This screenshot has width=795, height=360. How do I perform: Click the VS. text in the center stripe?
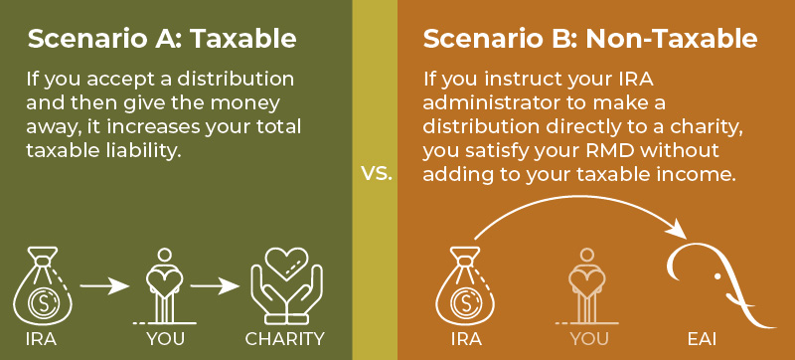coord(377,174)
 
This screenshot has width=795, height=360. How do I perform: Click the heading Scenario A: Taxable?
coord(162,39)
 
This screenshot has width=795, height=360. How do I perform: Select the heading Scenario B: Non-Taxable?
coord(590,39)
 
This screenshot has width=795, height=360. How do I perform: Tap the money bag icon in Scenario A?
coord(43,285)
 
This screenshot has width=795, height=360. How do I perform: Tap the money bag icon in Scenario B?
coord(465,285)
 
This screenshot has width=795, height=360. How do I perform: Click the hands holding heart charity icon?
coord(286,285)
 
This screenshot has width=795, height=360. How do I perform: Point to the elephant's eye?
coord(717,276)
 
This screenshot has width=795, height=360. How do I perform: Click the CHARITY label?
coord(284,339)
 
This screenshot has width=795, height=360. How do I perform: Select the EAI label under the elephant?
coord(702,339)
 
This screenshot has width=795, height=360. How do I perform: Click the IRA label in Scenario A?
coord(41,339)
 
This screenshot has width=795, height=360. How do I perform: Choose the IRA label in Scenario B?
coord(466,339)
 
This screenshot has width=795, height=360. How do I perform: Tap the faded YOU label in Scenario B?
coord(588,339)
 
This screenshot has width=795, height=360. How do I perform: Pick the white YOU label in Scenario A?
coord(165,339)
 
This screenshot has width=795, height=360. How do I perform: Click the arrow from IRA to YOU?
coord(105,286)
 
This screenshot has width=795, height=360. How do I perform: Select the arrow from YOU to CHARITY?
coord(215,286)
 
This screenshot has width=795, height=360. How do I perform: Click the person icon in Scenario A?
coord(165,285)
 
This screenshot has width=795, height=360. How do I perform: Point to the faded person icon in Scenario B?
coord(587,285)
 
